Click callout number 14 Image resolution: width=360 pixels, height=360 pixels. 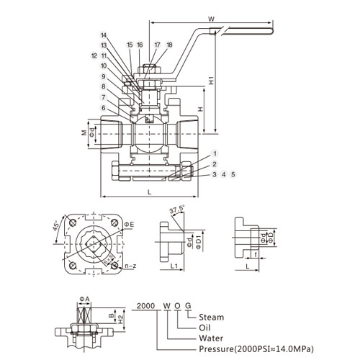[x=104, y=35]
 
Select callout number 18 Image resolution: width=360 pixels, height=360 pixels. [x=169, y=45]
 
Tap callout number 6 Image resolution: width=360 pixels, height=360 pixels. [x=104, y=108]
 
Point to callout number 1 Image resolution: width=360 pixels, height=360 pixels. [x=215, y=153]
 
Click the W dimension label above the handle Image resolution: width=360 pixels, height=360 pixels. [x=211, y=19]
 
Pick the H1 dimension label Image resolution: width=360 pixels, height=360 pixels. [x=211, y=81]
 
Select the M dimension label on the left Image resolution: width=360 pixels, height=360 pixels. [x=84, y=132]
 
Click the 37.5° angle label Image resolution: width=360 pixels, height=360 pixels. [x=177, y=210]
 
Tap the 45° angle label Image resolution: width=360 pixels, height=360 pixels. [x=57, y=225]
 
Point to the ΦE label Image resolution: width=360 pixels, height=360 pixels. [x=129, y=225]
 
